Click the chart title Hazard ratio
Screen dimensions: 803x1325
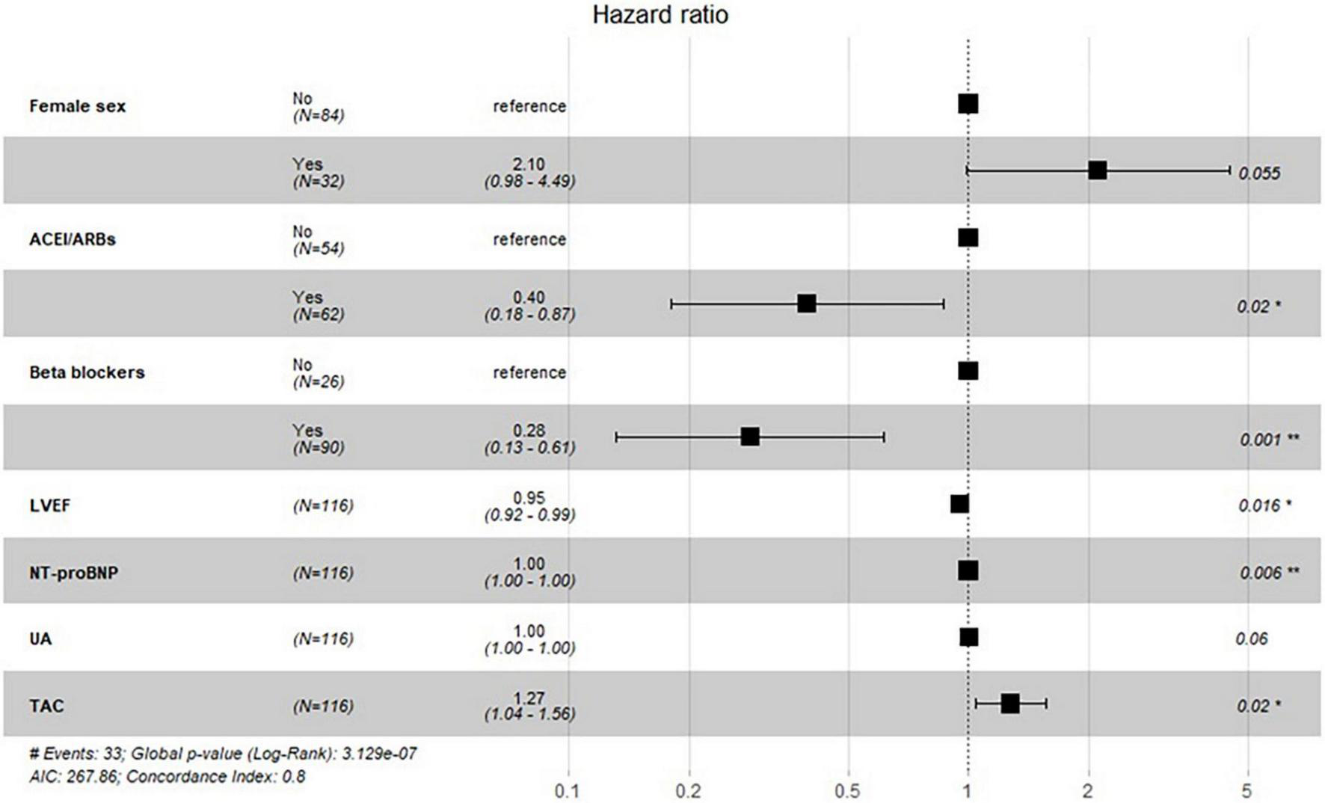(x=660, y=15)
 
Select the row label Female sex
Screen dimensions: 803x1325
(x=78, y=106)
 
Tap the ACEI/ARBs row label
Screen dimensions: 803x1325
(x=73, y=239)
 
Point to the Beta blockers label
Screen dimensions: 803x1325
(x=87, y=372)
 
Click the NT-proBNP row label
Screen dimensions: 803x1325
(x=73, y=573)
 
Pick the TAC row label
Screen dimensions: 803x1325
(x=46, y=706)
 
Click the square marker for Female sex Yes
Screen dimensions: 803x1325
(x=1097, y=170)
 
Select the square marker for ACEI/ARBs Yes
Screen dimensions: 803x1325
(x=806, y=304)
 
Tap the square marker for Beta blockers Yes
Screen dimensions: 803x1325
(x=750, y=437)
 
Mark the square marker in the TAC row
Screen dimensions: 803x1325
(x=1009, y=704)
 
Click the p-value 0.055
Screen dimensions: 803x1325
(x=1259, y=173)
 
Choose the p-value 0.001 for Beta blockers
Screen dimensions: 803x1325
(x=1261, y=440)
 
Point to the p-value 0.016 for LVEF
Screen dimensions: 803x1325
(x=1259, y=505)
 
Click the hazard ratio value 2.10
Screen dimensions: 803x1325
(x=529, y=164)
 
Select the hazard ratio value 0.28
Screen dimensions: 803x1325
(x=529, y=430)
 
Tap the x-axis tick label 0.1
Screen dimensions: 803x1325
(x=567, y=791)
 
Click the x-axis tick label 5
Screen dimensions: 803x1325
(x=1246, y=791)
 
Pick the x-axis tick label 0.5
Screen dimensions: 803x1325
(x=847, y=791)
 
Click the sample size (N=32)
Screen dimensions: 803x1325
(x=319, y=181)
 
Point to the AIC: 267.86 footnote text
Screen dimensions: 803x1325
(x=73, y=777)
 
